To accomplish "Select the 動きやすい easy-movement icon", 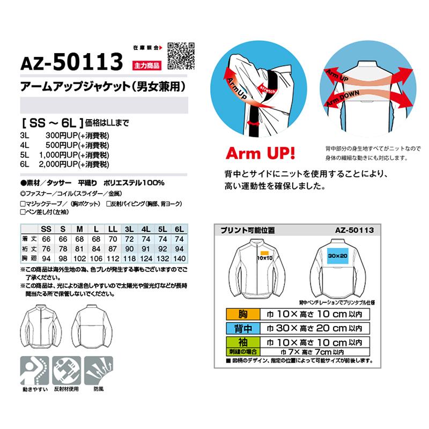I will click(35, 370).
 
